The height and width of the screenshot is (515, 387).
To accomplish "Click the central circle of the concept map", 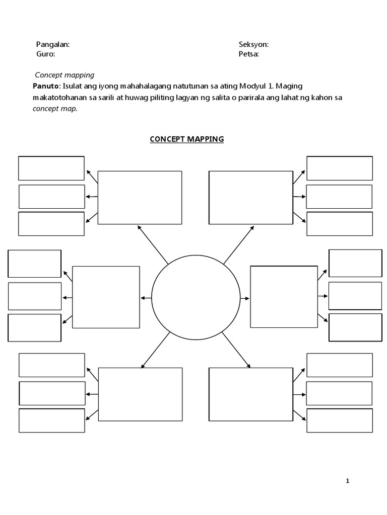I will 196,298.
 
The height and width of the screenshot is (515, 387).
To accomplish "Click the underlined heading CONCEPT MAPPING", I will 186,139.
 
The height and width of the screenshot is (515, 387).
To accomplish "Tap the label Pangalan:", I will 53,44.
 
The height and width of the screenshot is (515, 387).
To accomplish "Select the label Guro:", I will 45,54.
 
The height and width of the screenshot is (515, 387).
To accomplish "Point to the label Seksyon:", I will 253,44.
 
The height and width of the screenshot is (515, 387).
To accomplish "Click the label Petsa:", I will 249,54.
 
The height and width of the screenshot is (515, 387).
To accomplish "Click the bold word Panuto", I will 46,86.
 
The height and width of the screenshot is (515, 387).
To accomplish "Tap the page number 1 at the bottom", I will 347,481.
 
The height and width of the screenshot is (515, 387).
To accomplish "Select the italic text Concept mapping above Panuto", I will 64,75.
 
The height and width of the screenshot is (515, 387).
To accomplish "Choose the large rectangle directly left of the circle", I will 106,297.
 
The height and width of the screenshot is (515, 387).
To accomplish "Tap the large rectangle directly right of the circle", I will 284,297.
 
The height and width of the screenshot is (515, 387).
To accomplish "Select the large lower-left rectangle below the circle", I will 140,394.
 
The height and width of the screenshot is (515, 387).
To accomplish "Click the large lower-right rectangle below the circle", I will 250,394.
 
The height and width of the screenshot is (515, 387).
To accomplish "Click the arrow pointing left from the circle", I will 146,298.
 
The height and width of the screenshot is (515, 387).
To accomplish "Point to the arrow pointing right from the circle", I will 245,298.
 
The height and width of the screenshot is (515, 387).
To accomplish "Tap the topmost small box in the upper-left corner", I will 51,168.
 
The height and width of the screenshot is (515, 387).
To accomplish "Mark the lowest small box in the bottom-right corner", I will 339,420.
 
